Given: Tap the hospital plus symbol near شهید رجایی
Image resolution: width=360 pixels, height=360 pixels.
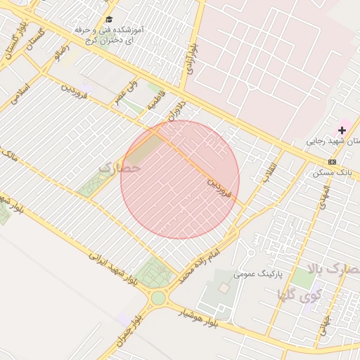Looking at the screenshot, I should click(x=342, y=130).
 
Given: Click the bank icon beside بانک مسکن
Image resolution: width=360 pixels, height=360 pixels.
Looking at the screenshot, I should click(x=332, y=162).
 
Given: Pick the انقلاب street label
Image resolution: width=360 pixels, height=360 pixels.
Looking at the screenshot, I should click(x=270, y=169).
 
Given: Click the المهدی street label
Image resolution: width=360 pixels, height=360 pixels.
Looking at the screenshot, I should click(x=325, y=195).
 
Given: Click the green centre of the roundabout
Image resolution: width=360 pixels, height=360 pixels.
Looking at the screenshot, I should click(x=158, y=298).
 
